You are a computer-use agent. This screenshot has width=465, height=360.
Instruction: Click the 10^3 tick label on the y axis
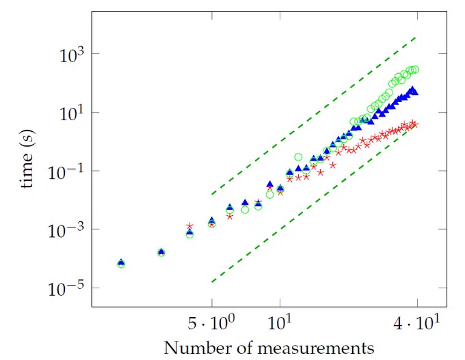(72, 54)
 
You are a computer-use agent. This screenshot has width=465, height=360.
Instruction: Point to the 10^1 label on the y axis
(72, 113)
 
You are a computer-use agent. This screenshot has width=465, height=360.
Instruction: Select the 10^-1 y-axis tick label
(66, 171)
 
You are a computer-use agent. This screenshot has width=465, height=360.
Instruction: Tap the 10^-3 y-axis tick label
(66, 230)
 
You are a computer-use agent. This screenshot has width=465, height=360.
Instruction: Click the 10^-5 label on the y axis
(66, 288)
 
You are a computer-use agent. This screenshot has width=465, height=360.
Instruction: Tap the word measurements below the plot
(315, 348)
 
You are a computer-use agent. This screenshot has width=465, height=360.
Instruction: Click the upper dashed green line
(314, 116)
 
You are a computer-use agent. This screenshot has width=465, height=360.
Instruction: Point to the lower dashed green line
(314, 204)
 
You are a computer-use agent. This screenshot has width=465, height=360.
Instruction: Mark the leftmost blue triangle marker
(121, 262)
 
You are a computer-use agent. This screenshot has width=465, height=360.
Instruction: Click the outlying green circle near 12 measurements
(298, 156)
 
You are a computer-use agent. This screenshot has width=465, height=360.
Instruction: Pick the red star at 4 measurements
(190, 226)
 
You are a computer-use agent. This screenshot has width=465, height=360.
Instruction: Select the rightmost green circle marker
(415, 69)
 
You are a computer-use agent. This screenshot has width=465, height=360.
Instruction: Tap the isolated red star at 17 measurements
(333, 165)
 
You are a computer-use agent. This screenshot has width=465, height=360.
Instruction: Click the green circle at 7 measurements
(245, 210)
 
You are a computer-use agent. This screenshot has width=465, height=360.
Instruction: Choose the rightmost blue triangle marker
(415, 92)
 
